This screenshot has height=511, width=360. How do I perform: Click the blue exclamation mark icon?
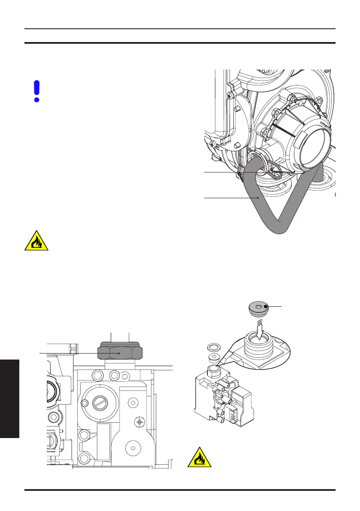(x=37, y=91)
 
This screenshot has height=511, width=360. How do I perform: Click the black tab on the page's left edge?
(x=9, y=399)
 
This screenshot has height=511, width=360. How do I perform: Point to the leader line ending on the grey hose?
(x=230, y=198)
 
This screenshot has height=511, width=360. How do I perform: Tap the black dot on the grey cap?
(x=266, y=306)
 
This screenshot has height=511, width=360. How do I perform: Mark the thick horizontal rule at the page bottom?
(x=180, y=490)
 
